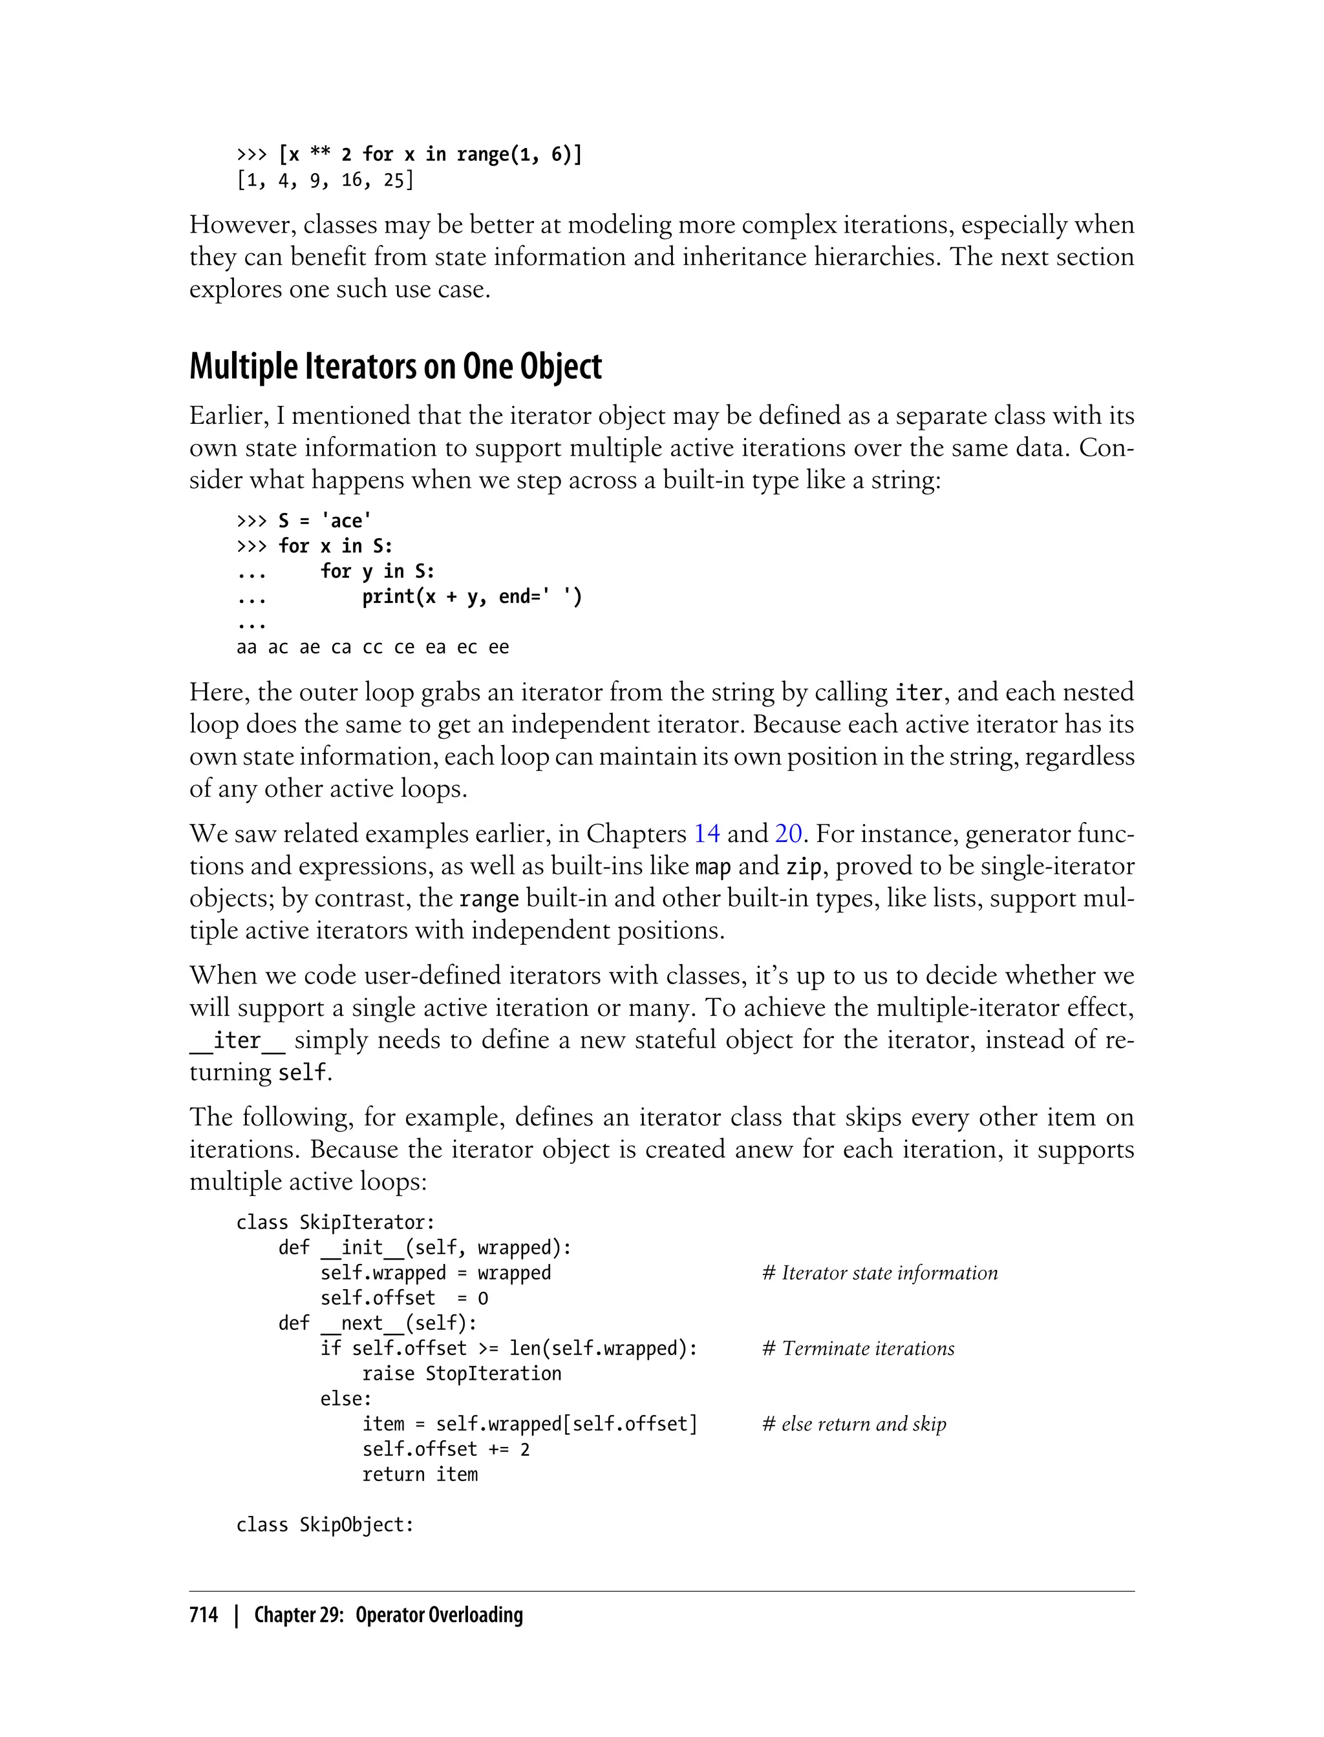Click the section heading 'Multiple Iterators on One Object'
[x=395, y=367]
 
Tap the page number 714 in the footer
[x=204, y=1614]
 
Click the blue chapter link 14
[x=706, y=834]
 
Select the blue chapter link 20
[x=788, y=834]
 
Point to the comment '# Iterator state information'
[x=879, y=1273]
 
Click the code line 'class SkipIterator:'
[x=335, y=1223]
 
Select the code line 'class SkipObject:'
[x=325, y=1524]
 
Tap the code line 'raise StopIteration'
[x=461, y=1374]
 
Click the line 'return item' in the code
[x=420, y=1475]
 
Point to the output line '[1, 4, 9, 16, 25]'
[x=325, y=180]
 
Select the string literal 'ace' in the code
[x=346, y=521]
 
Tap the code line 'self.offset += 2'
[x=445, y=1449]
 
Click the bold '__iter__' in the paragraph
[x=237, y=1040]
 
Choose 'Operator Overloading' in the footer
[x=439, y=1614]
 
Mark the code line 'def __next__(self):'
[x=378, y=1323]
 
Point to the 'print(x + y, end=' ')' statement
[x=471, y=597]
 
